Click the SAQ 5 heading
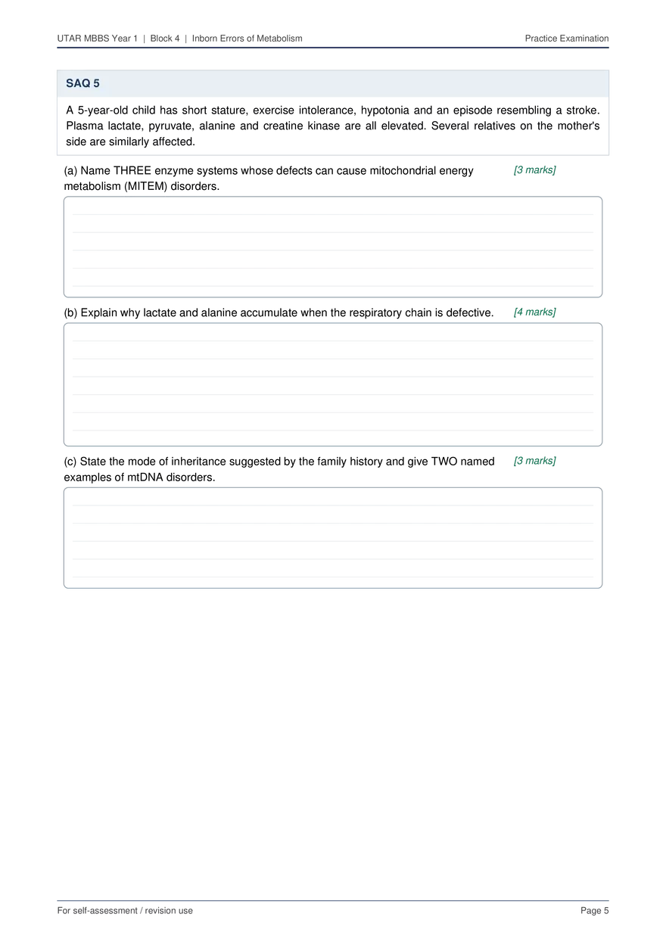click(82, 83)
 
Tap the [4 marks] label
click(534, 312)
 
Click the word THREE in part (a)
click(132, 171)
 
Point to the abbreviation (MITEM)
click(145, 186)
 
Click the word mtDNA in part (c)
click(145, 477)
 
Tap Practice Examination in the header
click(567, 39)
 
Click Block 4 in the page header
click(165, 39)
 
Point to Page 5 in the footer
click(594, 910)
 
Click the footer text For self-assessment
click(97, 910)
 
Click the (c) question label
click(70, 462)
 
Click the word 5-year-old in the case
click(103, 110)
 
